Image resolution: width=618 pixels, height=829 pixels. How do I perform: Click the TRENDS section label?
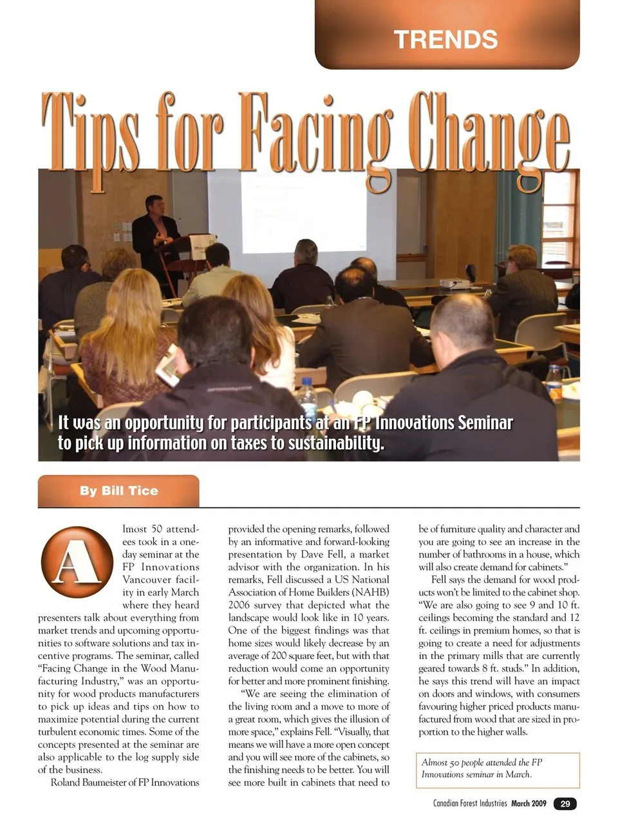[445, 39]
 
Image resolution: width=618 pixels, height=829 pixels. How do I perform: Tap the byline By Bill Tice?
[118, 491]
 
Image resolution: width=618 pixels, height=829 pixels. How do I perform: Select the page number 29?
[565, 803]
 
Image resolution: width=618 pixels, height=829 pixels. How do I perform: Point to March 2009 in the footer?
[529, 803]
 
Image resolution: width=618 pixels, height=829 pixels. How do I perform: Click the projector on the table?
[453, 283]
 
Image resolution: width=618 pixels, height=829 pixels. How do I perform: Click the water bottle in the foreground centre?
[307, 396]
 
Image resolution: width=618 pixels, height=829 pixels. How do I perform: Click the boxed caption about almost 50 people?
[498, 769]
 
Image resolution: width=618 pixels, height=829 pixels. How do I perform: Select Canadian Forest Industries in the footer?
[470, 803]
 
